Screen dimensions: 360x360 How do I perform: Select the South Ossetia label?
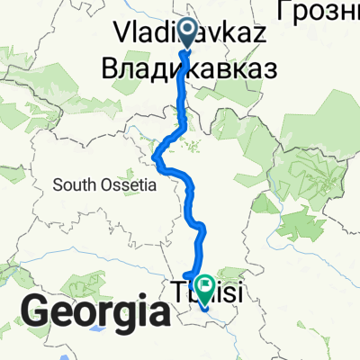click(x=105, y=185)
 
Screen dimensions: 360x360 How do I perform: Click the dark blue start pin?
click(x=188, y=33)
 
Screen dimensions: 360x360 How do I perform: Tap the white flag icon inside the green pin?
click(x=206, y=288)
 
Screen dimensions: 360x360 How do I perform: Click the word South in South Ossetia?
click(x=75, y=185)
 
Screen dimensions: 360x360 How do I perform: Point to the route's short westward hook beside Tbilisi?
click(x=185, y=275)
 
